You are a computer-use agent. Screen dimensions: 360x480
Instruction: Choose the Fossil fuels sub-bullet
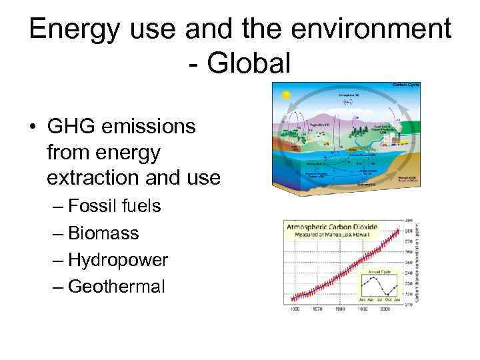pyautogui.click(x=114, y=206)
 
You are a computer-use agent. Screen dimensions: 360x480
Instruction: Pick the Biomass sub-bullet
pyautogui.click(x=103, y=233)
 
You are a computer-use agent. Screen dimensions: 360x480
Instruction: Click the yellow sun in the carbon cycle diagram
pyautogui.click(x=286, y=95)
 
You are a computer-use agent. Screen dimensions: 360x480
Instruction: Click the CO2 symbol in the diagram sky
pyautogui.click(x=347, y=103)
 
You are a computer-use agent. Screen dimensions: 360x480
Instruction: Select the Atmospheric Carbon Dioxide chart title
pyautogui.click(x=331, y=227)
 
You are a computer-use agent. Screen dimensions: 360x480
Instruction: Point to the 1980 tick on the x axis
pyautogui.click(x=339, y=309)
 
